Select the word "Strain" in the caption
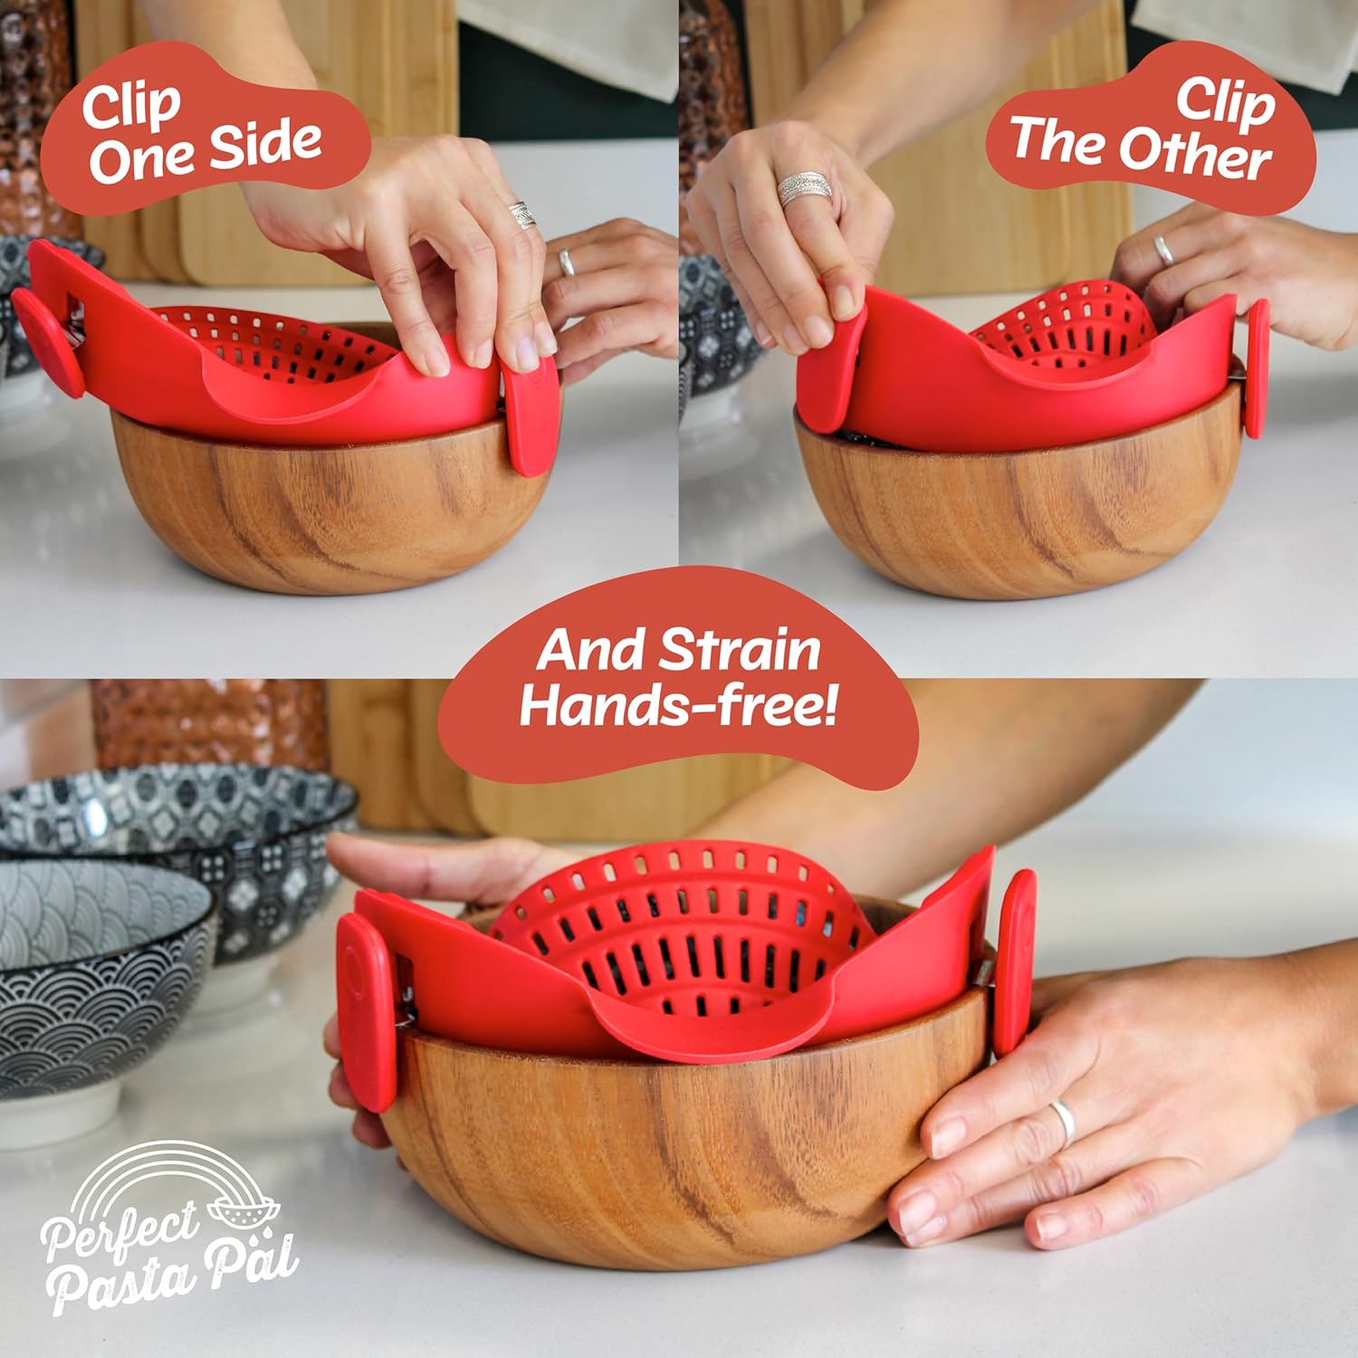(739, 650)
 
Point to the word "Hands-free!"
(677, 705)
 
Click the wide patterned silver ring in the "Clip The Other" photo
(804, 189)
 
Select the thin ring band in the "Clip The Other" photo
(1164, 249)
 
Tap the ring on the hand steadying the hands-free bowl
(1063, 1123)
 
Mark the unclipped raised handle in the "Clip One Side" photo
(45, 342)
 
